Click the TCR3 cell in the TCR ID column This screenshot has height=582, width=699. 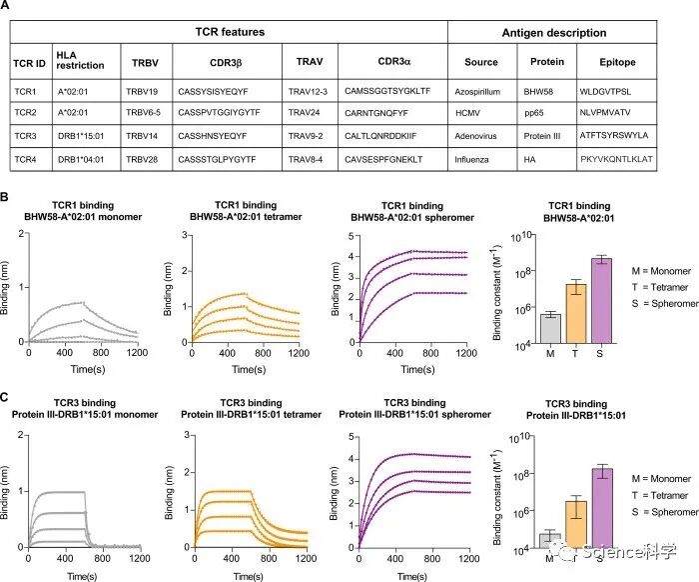click(x=30, y=135)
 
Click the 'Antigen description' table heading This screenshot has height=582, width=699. click(x=552, y=32)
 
